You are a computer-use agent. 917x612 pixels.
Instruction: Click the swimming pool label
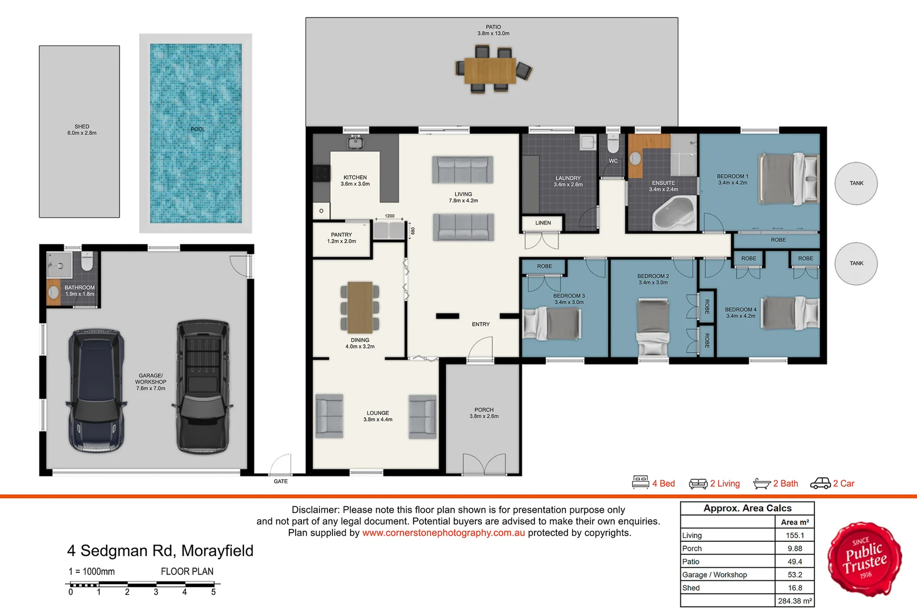198,129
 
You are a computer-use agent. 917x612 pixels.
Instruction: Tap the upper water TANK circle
856,183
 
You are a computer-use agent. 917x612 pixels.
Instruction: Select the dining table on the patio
491,70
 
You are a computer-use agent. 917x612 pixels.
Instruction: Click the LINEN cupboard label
543,223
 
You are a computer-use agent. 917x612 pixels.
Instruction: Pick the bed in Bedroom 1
788,178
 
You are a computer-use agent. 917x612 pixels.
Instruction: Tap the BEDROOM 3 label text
569,296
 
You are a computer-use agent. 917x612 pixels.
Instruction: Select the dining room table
360,307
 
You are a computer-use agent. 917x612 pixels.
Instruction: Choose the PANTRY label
342,235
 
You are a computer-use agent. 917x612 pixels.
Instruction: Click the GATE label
280,481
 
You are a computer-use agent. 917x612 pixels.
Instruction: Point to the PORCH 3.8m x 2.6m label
484,413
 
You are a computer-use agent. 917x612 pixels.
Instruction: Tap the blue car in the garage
96,390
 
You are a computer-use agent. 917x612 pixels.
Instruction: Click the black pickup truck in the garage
203,386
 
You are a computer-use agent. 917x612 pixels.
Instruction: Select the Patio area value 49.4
795,562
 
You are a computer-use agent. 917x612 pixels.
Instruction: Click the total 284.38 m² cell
795,601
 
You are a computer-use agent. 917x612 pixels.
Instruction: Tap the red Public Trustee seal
864,559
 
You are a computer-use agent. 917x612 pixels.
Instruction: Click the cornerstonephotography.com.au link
443,533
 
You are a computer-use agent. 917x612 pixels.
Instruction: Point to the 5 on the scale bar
214,592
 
